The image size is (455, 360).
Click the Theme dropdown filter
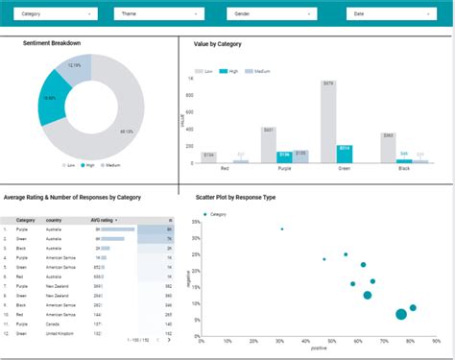tap(152, 14)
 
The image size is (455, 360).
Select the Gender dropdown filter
tap(265, 14)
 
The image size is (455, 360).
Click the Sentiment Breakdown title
tap(52, 43)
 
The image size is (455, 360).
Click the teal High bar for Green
tap(344, 154)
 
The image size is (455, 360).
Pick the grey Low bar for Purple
tap(268, 143)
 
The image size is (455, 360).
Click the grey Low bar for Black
tap(388, 149)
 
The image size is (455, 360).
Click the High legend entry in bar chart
tap(228, 71)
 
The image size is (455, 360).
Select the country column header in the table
tap(54, 220)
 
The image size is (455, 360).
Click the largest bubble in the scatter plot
tap(401, 313)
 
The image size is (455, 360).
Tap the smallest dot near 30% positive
tap(282, 228)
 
